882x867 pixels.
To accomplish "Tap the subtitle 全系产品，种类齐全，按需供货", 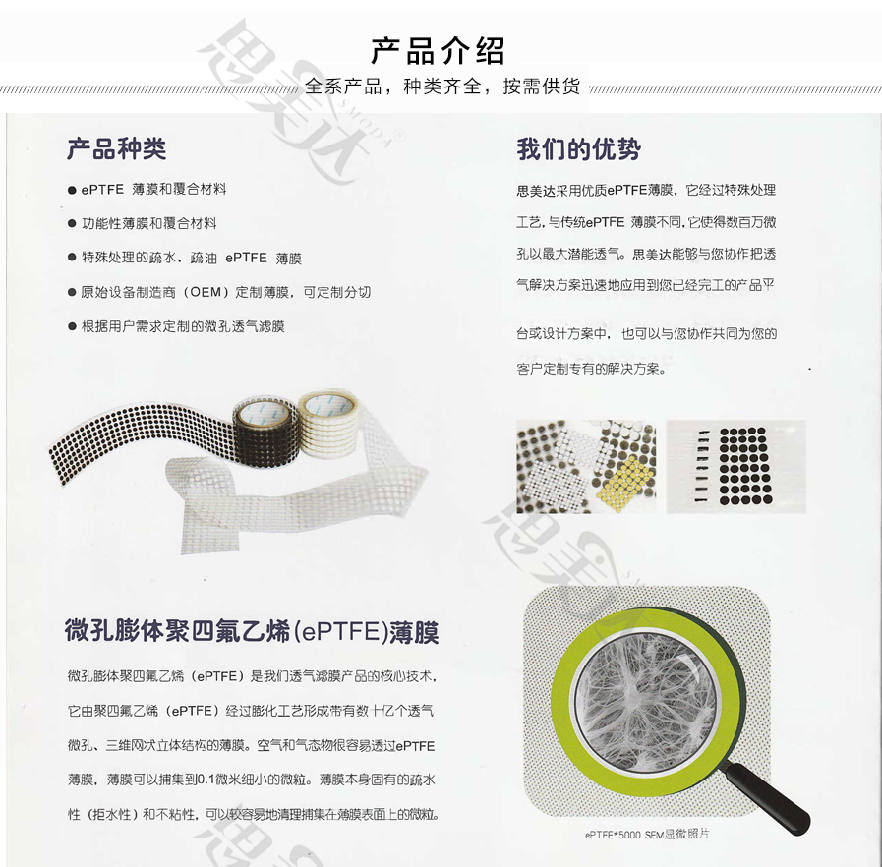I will tap(441, 86).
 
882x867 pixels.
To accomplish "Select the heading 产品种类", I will tap(116, 149).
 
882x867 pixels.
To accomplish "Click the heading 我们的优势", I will tap(578, 149).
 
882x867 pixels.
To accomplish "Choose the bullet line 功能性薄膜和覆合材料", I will tap(148, 223).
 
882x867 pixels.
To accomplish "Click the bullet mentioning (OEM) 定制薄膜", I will tap(225, 292).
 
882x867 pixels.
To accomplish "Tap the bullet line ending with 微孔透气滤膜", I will tap(183, 326).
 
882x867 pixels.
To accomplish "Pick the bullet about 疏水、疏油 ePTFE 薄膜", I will tap(191, 258).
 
